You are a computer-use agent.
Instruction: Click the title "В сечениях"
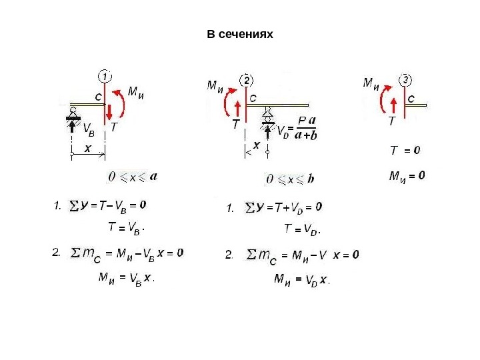click(240, 33)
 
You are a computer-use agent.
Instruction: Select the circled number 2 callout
click(247, 80)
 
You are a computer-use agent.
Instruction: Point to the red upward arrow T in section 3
click(393, 107)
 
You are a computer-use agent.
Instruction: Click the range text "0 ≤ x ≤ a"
click(133, 177)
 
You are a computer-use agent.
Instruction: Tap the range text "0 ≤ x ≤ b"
click(289, 179)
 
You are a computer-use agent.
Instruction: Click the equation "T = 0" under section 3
click(404, 151)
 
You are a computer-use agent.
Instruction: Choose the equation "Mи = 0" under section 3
click(407, 177)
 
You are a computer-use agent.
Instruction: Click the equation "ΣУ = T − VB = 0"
click(108, 205)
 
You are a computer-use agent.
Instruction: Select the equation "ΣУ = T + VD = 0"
click(284, 207)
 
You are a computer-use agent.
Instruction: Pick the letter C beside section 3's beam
click(411, 98)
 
